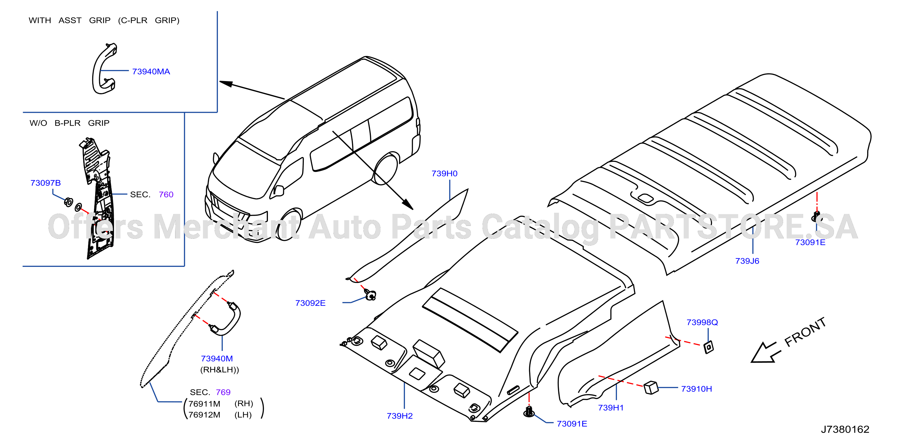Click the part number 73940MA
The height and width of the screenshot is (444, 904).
(x=151, y=72)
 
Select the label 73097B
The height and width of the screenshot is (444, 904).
(x=45, y=183)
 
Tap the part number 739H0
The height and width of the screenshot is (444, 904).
(x=444, y=173)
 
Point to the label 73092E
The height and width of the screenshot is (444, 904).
(x=310, y=303)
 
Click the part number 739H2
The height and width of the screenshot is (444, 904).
(x=400, y=416)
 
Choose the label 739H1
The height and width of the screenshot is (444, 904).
(x=611, y=407)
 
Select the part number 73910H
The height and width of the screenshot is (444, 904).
(x=696, y=389)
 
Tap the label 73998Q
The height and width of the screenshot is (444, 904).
(x=702, y=322)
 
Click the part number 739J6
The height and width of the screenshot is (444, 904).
(x=747, y=261)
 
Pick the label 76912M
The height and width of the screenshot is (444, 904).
(x=204, y=415)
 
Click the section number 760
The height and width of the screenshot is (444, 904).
(x=166, y=195)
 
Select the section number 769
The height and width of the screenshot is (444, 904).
(x=223, y=392)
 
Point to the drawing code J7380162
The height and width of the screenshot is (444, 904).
(x=845, y=429)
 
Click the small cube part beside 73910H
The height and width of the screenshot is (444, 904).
(x=651, y=388)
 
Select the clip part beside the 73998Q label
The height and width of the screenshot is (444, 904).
(x=709, y=347)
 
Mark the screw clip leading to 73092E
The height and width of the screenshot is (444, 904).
(x=370, y=295)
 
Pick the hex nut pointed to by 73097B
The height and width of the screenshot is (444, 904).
(x=69, y=202)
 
